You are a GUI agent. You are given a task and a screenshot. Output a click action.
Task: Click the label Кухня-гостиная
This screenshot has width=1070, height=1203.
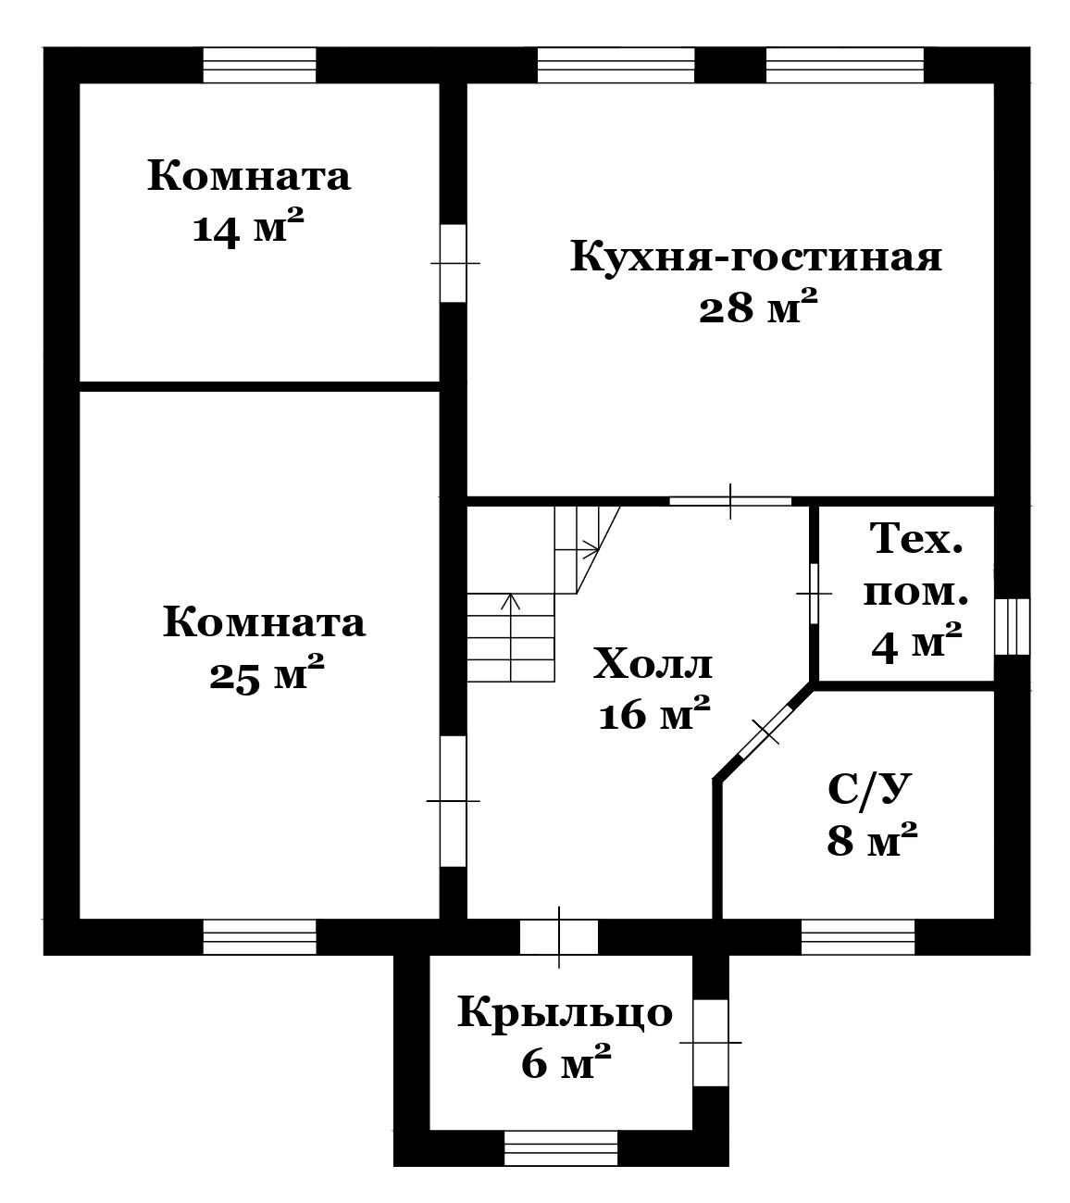[755, 257]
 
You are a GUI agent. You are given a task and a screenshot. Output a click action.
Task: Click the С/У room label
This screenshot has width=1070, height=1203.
[869, 788]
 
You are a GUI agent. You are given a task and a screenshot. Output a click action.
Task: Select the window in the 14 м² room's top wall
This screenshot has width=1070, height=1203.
[259, 66]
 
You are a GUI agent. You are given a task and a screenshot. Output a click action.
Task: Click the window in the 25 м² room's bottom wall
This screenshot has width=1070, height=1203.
[259, 936]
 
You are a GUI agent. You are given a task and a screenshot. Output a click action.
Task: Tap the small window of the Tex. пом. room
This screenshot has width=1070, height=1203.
[1013, 626]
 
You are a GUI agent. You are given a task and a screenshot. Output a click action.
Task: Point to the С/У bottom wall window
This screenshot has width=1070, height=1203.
[857, 936]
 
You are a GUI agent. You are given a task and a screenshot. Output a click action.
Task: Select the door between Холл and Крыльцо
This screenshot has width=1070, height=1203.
[559, 936]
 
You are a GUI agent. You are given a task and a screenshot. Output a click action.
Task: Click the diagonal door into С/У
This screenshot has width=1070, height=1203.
[765, 731]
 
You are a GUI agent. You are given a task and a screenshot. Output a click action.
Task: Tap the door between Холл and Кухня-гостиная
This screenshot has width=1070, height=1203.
[730, 501]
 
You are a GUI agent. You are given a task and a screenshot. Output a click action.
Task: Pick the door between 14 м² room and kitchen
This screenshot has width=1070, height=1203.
[454, 263]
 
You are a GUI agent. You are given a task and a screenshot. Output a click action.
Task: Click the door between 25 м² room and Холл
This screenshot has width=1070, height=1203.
[454, 801]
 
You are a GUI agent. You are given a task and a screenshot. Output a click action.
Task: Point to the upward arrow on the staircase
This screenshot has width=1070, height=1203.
[510, 636]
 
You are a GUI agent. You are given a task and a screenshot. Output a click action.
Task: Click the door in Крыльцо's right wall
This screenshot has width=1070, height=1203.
[710, 1042]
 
